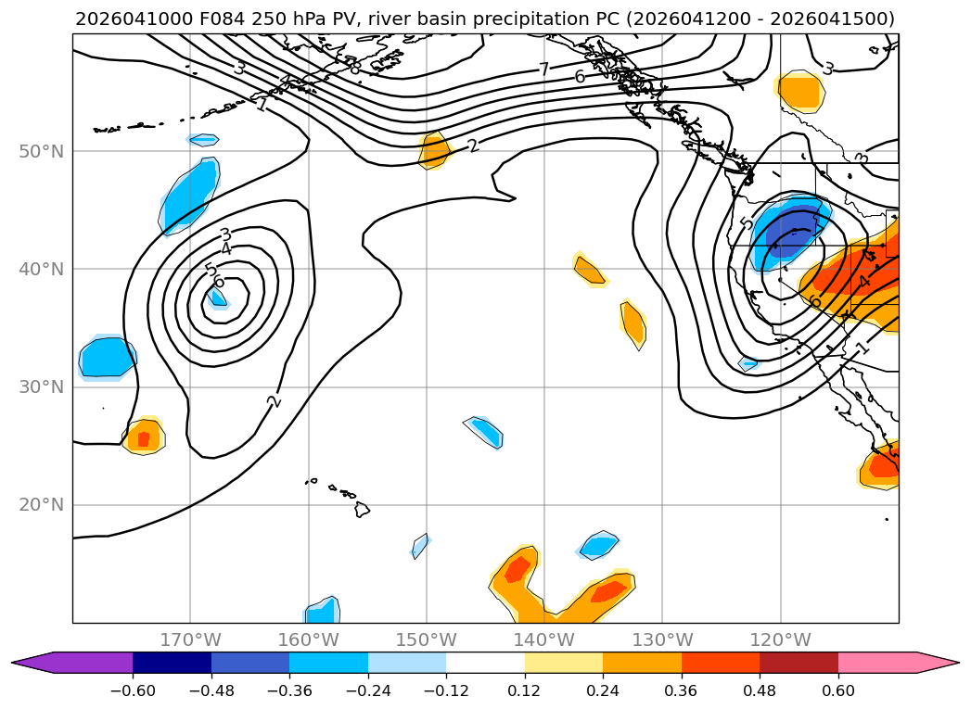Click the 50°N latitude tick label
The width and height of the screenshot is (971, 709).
42,151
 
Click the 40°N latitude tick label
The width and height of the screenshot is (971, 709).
42,269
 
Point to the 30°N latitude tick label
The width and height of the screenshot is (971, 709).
42,386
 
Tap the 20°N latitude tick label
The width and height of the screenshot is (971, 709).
42,505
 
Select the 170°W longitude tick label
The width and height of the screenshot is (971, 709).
190,639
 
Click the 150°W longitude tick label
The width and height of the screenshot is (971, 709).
427,639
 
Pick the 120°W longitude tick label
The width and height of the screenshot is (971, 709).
780,639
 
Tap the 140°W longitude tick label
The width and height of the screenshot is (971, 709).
544,639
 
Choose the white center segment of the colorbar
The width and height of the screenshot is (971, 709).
485,663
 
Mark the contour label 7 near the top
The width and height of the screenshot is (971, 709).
544,69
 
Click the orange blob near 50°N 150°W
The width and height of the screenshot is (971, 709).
434,150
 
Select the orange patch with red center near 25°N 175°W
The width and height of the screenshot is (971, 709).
144,437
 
